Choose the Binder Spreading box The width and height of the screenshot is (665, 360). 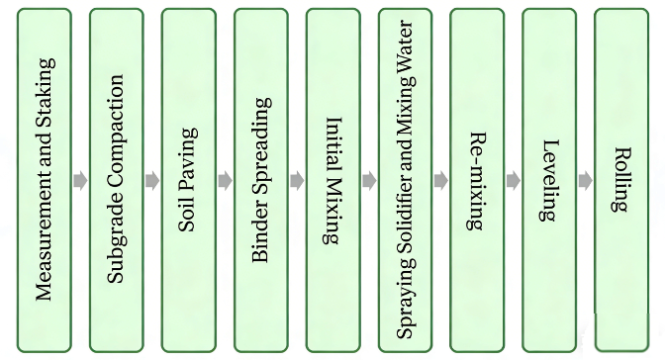260,180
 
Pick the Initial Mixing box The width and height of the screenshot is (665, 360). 332,180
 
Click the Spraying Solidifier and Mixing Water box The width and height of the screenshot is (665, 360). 405,180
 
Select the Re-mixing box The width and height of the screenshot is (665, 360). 477,180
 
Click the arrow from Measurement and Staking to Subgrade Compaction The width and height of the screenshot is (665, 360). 80,181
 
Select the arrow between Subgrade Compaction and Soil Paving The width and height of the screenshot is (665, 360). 152,181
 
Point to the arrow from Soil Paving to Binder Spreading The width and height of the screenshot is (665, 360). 225,181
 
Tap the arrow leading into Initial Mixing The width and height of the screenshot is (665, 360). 297,181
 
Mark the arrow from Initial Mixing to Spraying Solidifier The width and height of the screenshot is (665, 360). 369,181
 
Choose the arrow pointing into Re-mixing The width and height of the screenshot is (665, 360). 441,181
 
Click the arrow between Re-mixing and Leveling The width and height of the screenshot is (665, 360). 514,181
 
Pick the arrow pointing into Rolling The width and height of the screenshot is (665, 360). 586,181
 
